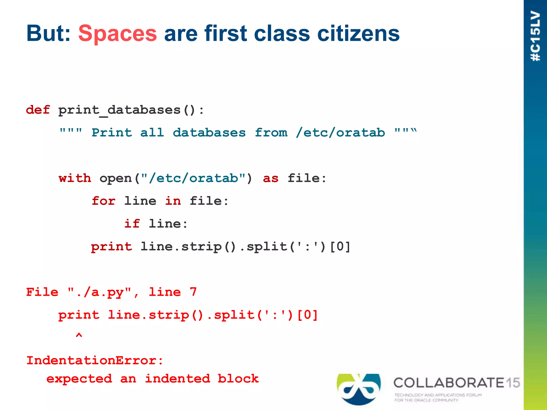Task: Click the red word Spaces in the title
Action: click(118, 34)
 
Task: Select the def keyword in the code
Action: click(38, 110)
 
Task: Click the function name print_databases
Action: click(119, 110)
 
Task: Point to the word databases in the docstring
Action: click(209, 133)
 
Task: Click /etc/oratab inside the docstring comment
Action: click(340, 133)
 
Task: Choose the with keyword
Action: click(75, 178)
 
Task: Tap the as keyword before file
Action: click(271, 178)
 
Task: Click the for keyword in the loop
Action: click(104, 201)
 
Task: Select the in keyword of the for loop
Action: click(173, 201)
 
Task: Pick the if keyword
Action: click(132, 224)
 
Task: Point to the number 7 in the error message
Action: click(193, 292)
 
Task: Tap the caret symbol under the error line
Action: click(79, 335)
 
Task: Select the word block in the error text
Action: click(238, 379)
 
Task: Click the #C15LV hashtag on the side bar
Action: click(536, 36)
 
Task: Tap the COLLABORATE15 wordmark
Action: click(456, 383)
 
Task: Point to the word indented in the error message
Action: click(177, 379)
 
